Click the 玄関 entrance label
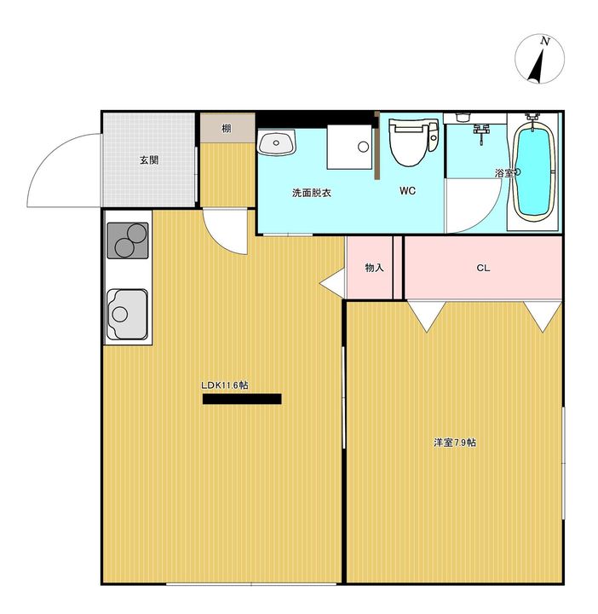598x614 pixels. tap(149, 159)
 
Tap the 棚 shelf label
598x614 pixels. tap(227, 129)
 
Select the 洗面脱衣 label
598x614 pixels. tap(312, 193)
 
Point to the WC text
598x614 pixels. tap(407, 191)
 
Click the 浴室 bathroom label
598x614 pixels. tap(504, 173)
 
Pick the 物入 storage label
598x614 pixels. tap(374, 268)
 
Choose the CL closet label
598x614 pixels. tap(483, 268)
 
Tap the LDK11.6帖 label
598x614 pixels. tap(225, 385)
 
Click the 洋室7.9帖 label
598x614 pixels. tap(455, 443)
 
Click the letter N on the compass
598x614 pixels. tap(545, 41)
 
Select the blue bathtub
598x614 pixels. tap(534, 171)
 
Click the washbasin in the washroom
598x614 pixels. tap(277, 142)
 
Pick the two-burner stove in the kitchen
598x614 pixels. tap(128, 240)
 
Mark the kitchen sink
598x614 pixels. tap(127, 314)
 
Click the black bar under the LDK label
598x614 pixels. tap(242, 398)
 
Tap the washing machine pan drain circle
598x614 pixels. tap(364, 147)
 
